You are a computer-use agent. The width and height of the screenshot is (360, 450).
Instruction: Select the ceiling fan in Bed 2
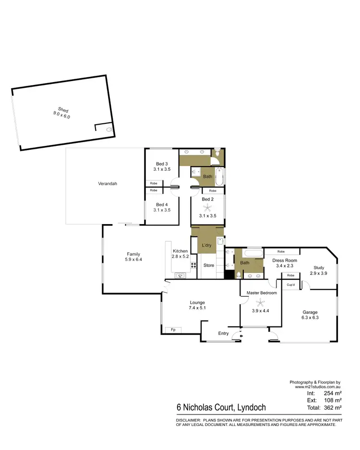pyautogui.click(x=208, y=208)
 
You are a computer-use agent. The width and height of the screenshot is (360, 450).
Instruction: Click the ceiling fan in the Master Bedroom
pyautogui.click(x=261, y=302)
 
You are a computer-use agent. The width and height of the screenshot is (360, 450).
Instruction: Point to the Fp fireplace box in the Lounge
pyautogui.click(x=173, y=330)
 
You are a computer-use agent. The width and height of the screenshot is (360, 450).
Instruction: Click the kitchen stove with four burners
pyautogui.click(x=194, y=265)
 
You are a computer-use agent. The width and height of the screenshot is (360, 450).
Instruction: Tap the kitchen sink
pyautogui.click(x=181, y=275)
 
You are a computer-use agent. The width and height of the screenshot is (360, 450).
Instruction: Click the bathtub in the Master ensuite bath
pyautogui.click(x=253, y=252)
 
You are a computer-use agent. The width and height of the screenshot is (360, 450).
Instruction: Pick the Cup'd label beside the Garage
pyautogui.click(x=290, y=284)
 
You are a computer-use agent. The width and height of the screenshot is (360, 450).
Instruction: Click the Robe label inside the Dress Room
pyautogui.click(x=281, y=251)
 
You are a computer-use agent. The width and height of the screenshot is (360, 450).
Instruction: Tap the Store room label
pyautogui.click(x=208, y=265)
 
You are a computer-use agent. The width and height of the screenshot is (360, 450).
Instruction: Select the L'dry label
pyautogui.click(x=206, y=245)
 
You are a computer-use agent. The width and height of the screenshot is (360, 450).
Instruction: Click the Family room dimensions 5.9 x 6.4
pyautogui.click(x=134, y=260)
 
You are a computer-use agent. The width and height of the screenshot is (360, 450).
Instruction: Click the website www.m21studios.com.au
pyautogui.click(x=317, y=386)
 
